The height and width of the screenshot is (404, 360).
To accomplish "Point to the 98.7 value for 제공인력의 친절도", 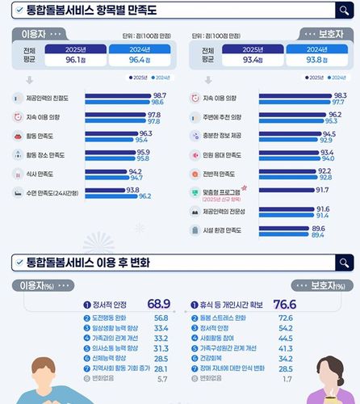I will [158, 95].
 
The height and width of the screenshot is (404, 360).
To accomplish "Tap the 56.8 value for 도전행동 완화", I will [160, 318].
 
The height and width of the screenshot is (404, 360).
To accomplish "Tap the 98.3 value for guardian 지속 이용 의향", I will [341, 95].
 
